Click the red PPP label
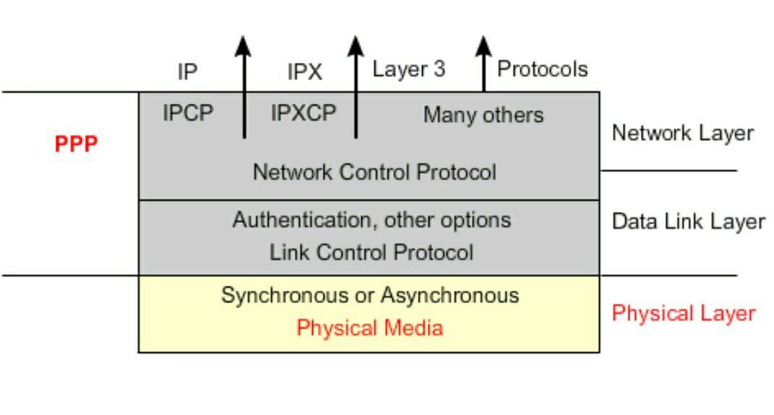(76, 144)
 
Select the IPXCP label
(304, 113)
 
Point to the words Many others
(483, 115)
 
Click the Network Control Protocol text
(374, 172)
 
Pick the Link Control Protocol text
(371, 253)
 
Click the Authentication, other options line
(371, 219)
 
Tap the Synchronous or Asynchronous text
(370, 295)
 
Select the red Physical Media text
(370, 328)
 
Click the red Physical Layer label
(683, 313)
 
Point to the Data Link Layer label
(688, 222)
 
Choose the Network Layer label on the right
(682, 134)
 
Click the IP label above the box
(187, 71)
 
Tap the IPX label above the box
(305, 71)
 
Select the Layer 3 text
(408, 69)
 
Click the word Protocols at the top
(543, 69)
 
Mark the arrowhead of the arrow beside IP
(244, 45)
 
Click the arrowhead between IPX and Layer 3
(355, 45)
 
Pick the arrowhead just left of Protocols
(483, 45)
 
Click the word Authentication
(302, 219)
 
